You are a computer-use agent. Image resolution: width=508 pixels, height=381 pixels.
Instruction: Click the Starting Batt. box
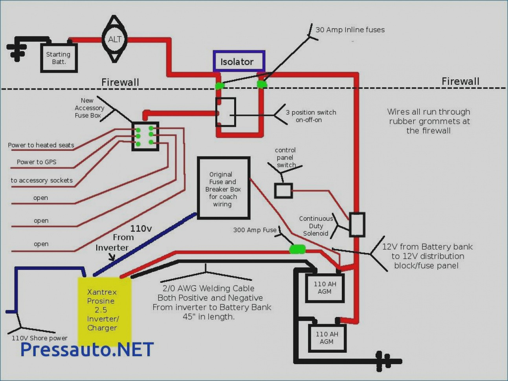[59, 58]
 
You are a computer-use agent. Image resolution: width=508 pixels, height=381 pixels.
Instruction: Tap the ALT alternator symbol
[115, 39]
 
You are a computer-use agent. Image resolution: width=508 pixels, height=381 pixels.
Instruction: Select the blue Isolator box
[239, 61]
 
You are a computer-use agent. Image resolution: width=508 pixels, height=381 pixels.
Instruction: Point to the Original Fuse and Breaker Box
[224, 188]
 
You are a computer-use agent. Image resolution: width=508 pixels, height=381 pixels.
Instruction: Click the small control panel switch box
[283, 190]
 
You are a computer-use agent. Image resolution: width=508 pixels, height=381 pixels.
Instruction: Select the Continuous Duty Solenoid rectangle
[357, 225]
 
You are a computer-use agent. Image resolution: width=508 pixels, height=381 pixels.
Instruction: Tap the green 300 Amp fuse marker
[297, 249]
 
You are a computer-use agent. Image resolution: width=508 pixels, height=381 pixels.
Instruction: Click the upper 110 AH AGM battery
[325, 288]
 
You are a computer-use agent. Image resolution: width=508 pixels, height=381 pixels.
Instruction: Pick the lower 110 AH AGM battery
[327, 338]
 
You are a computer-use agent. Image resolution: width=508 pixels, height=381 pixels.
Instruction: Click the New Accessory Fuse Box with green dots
[145, 136]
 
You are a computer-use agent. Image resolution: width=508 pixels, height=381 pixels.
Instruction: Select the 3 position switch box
[226, 112]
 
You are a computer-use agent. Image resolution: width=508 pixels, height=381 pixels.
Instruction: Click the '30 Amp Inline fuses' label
[350, 30]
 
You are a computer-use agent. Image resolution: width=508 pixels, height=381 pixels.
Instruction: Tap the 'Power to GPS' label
[37, 162]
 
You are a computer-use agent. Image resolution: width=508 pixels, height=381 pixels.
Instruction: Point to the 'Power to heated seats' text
[41, 145]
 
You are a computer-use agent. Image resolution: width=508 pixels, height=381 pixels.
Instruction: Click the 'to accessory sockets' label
[42, 180]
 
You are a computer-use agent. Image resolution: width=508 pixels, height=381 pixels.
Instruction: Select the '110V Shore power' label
[40, 338]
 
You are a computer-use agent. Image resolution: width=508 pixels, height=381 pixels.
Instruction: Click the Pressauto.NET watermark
[87, 349]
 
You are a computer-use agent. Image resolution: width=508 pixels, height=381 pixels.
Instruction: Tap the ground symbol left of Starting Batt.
[16, 49]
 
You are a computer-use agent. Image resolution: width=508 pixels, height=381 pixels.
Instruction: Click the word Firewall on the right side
[460, 81]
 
